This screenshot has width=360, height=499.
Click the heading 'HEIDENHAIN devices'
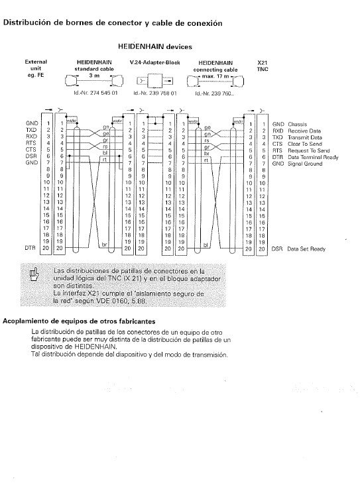click(x=154, y=47)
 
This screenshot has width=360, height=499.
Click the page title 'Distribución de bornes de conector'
click(x=112, y=23)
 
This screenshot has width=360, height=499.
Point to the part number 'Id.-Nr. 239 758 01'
click(x=155, y=93)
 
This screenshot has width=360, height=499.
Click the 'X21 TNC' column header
click(x=262, y=65)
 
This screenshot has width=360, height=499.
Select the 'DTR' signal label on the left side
click(x=30, y=248)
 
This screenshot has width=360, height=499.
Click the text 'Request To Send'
click(x=307, y=150)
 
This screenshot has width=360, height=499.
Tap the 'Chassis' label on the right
click(x=297, y=125)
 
